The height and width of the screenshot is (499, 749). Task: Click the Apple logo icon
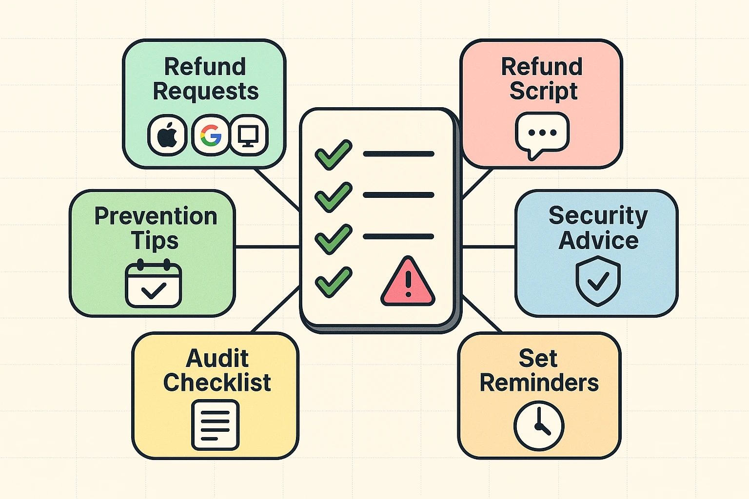click(x=167, y=135)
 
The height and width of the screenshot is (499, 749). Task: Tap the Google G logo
click(x=211, y=135)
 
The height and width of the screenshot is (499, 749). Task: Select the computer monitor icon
click(x=249, y=135)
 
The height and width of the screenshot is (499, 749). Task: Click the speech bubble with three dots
click(x=542, y=134)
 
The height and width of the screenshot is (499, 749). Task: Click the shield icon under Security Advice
click(x=598, y=282)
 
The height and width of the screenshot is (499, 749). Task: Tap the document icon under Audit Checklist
click(x=215, y=424)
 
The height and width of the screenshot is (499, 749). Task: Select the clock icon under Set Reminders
click(x=539, y=425)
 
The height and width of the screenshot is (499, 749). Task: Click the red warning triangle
click(x=408, y=283)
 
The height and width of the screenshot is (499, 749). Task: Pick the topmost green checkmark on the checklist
click(x=333, y=154)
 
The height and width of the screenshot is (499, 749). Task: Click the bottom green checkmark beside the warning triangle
click(x=333, y=282)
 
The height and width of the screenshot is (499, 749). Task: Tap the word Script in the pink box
click(x=543, y=91)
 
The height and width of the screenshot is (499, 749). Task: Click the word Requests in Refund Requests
click(x=205, y=91)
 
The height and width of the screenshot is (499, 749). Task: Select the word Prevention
click(x=156, y=216)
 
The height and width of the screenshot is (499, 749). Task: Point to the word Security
click(x=598, y=216)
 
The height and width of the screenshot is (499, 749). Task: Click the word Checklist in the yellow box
click(x=217, y=383)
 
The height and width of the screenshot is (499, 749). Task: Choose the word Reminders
click(x=539, y=383)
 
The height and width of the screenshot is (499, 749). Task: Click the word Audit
click(x=217, y=358)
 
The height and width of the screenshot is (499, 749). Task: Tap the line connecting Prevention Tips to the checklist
click(x=267, y=247)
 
